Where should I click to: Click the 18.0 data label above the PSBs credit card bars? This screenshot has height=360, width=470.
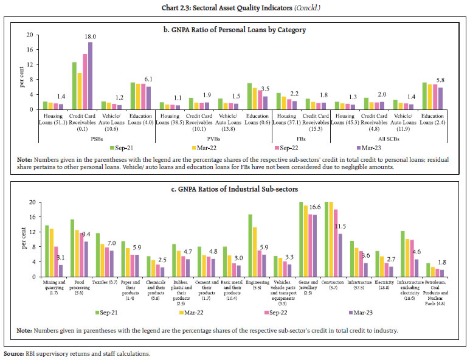point(91,36)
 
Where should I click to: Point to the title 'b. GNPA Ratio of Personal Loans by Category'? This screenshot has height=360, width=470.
point(235,29)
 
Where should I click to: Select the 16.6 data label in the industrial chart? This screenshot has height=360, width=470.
point(314,207)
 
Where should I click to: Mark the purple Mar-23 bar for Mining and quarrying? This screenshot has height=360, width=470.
point(61,269)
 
